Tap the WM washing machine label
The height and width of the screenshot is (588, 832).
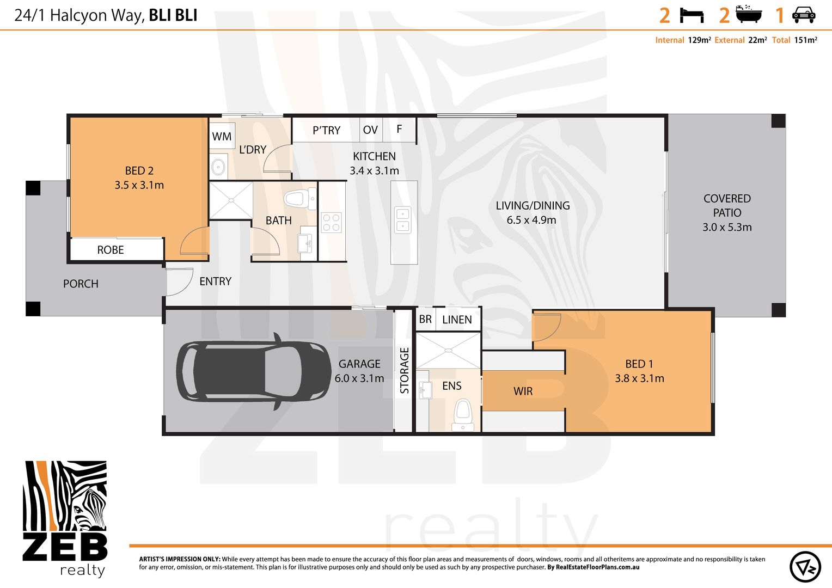pos(222,137)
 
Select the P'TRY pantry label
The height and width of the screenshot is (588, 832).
pos(326,131)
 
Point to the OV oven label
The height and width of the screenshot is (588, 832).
pos(370,130)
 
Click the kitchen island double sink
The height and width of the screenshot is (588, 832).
pos(403,219)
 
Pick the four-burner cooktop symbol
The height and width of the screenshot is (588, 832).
pos(331,223)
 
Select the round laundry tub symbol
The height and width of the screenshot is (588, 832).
pos(219,167)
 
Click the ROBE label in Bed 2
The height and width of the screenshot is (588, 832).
pos(111,250)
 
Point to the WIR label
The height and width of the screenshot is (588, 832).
pos(523,391)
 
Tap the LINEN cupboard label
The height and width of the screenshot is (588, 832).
pos(457,320)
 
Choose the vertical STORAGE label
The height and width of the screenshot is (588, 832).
pos(404,371)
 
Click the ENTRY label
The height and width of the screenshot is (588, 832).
pos(215,281)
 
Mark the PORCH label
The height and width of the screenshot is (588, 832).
pos(81,284)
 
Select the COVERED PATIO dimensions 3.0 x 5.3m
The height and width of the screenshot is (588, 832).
pos(727,228)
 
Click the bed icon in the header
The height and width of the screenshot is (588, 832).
pos(692,15)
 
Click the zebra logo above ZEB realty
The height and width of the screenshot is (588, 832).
pos(65,496)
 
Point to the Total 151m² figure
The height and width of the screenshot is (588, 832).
pos(805,40)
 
